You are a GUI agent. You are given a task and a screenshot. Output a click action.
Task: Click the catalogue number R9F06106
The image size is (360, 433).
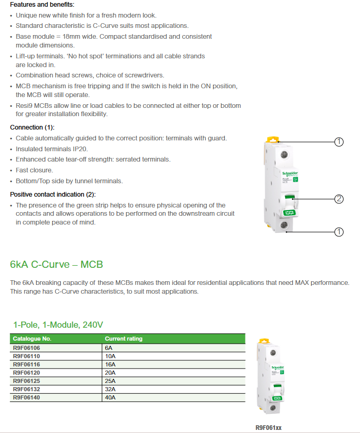click(26, 348)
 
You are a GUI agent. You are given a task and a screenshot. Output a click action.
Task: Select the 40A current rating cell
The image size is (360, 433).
click(110, 397)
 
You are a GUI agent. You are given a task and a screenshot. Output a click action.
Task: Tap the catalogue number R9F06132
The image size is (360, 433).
click(26, 389)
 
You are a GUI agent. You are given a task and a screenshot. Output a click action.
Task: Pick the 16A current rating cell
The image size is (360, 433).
click(110, 364)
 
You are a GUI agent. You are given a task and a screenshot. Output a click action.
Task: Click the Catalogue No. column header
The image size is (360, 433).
click(32, 339)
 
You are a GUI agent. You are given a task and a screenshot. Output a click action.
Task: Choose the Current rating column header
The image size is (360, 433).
click(124, 339)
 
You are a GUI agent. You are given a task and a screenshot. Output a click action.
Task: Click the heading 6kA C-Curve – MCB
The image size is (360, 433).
click(56, 265)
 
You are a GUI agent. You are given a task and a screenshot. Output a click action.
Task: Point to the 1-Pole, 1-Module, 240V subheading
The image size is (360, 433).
click(58, 325)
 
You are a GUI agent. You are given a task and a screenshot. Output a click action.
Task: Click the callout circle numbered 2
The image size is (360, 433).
click(339, 199)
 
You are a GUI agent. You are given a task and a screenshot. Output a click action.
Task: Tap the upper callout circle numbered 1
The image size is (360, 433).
click(339, 142)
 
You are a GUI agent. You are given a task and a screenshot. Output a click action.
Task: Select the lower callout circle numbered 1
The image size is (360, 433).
click(339, 232)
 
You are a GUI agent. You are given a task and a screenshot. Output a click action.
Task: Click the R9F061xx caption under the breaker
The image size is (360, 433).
click(269, 427)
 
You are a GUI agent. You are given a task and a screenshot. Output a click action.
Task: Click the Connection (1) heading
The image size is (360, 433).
click(32, 127)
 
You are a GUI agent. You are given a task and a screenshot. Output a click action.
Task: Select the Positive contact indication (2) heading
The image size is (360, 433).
click(53, 195)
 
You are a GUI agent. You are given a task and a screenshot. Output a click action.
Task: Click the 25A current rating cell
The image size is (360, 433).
click(110, 381)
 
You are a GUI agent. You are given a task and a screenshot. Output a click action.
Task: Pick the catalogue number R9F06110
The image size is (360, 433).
click(26, 356)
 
